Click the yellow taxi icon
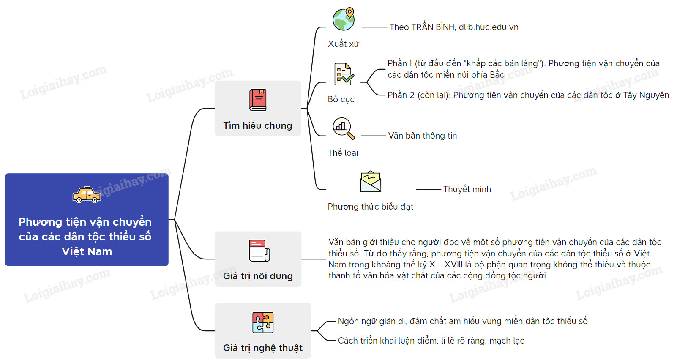click(87, 195)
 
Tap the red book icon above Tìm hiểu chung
click(258, 100)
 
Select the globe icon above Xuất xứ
click(344, 19)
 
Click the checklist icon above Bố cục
click(344, 74)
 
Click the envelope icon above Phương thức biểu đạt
click(371, 182)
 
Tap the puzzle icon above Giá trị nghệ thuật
click(263, 322)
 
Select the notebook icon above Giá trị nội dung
click(259, 251)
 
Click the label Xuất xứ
click(344, 44)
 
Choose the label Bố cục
click(341, 99)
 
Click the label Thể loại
click(343, 153)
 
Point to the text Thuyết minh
click(467, 189)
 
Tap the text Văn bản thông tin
click(423, 136)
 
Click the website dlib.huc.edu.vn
click(489, 27)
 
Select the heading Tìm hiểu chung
click(258, 125)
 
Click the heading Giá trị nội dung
click(258, 276)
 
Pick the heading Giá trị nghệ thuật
click(263, 348)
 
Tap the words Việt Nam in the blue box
click(87, 251)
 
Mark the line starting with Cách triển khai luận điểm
click(431, 341)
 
